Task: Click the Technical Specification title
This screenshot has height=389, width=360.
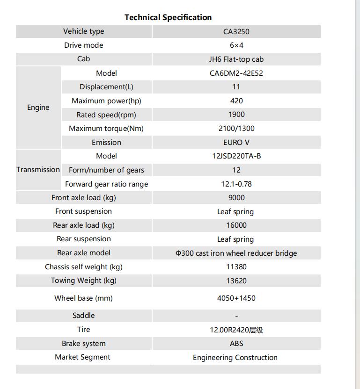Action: (168, 17)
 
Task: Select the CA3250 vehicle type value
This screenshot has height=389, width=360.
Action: (236, 32)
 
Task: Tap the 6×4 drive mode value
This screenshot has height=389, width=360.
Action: (236, 45)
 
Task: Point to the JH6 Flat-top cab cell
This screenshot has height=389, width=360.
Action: (236, 59)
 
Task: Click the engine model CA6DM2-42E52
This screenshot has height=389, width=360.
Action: (236, 73)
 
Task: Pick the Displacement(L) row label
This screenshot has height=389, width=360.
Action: (106, 87)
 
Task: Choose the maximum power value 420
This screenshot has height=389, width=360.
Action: (236, 101)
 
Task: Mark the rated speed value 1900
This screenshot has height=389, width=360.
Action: (236, 115)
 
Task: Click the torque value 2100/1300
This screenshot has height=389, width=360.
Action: (236, 129)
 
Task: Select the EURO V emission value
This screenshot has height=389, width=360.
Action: (236, 143)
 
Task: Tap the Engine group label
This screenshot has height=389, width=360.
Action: (38, 108)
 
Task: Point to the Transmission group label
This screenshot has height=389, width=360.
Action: (38, 170)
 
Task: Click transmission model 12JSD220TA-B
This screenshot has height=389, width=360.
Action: (236, 156)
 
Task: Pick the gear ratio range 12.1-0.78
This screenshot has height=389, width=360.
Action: (236, 184)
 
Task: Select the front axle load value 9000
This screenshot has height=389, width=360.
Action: (236, 198)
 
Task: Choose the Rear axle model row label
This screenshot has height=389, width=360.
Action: (84, 253)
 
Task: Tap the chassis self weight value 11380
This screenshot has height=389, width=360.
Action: (236, 267)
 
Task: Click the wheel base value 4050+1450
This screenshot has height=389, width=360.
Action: (236, 298)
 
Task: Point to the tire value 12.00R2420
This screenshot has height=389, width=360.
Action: (236, 330)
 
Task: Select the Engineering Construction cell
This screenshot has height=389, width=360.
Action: (235, 358)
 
